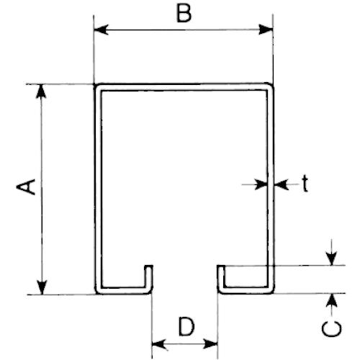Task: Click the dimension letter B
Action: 184,14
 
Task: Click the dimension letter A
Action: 26,186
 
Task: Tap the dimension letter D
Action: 186,326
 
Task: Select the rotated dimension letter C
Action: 331,329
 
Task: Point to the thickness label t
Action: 305,183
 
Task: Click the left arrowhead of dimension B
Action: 101,30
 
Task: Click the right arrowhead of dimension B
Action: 266,30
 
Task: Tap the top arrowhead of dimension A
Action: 41,91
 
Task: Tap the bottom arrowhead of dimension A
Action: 42,287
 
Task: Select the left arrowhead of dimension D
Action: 159,344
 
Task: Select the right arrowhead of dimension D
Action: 210,344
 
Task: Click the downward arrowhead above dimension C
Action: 332,258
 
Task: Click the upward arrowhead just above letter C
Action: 332,300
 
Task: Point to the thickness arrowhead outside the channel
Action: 282,184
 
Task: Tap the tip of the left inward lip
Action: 149,266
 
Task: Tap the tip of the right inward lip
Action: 221,266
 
